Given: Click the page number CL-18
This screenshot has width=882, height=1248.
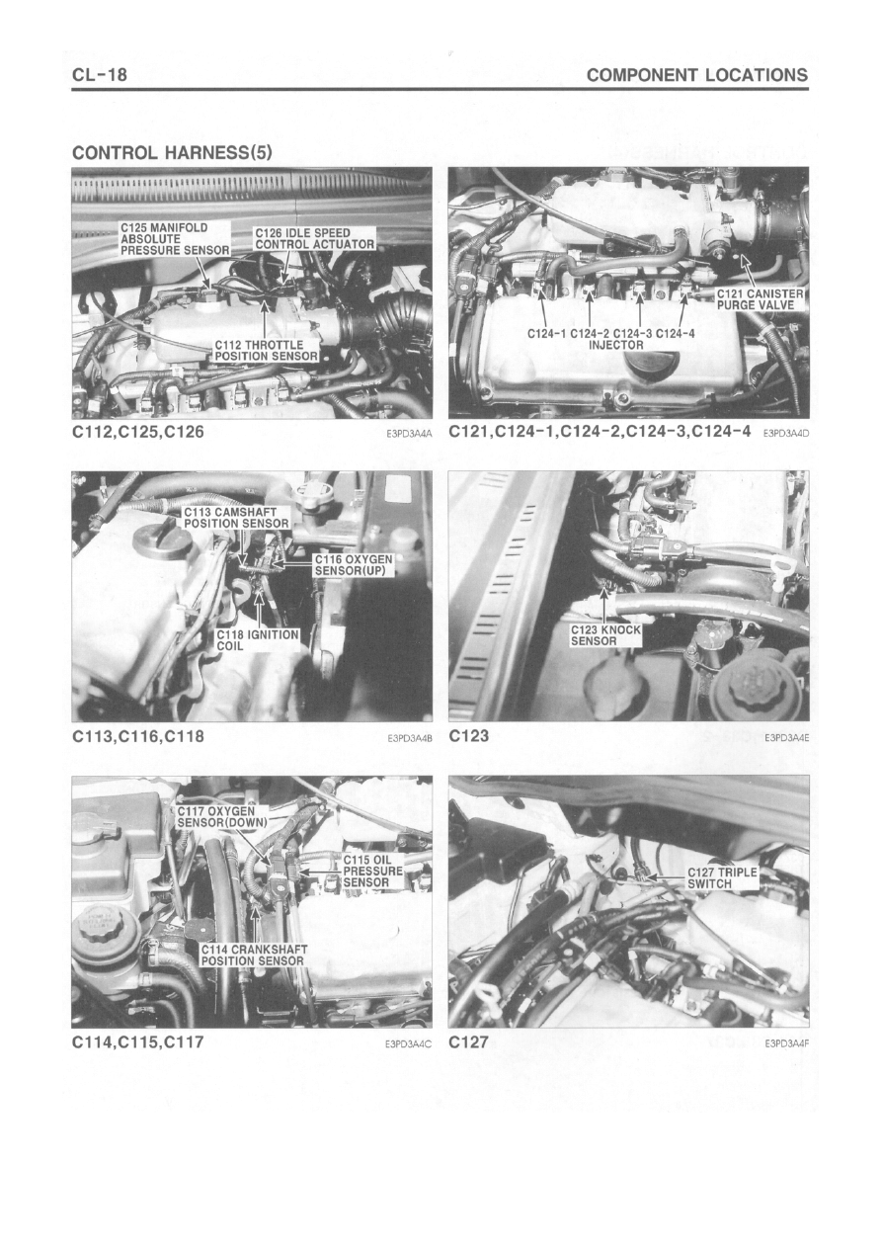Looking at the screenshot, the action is point(100,74).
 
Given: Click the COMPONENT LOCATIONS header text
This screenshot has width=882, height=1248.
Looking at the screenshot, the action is point(697,75).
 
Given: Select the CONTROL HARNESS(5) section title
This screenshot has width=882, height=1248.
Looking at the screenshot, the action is point(172,152).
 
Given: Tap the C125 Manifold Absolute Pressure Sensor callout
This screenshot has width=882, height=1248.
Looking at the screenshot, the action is point(176,239).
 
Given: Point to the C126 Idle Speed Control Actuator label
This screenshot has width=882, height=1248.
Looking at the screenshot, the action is point(315,238).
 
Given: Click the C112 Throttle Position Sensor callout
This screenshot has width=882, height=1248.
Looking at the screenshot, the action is point(266,351).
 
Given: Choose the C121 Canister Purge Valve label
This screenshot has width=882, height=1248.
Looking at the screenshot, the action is point(761,299).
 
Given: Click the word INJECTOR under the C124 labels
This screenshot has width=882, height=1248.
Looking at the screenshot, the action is point(616,345).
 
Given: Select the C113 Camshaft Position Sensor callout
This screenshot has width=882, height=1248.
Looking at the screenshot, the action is point(236,518).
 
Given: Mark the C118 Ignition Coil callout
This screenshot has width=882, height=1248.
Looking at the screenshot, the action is point(257,640).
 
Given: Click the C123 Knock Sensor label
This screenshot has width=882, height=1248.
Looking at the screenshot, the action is point(605,635).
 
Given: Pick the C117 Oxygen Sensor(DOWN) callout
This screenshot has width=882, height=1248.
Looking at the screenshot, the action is point(222,817).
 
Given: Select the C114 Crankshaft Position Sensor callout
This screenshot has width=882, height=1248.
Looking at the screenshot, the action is point(254,956).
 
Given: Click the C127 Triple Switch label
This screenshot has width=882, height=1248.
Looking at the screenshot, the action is point(722,878).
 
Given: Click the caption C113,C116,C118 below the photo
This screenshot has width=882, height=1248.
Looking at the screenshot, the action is point(138,736).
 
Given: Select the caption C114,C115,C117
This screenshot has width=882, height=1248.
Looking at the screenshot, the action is point(138,1041).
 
